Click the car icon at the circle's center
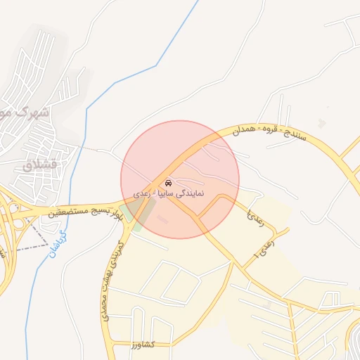pos(167,182)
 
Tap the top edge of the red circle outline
pos(180,120)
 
